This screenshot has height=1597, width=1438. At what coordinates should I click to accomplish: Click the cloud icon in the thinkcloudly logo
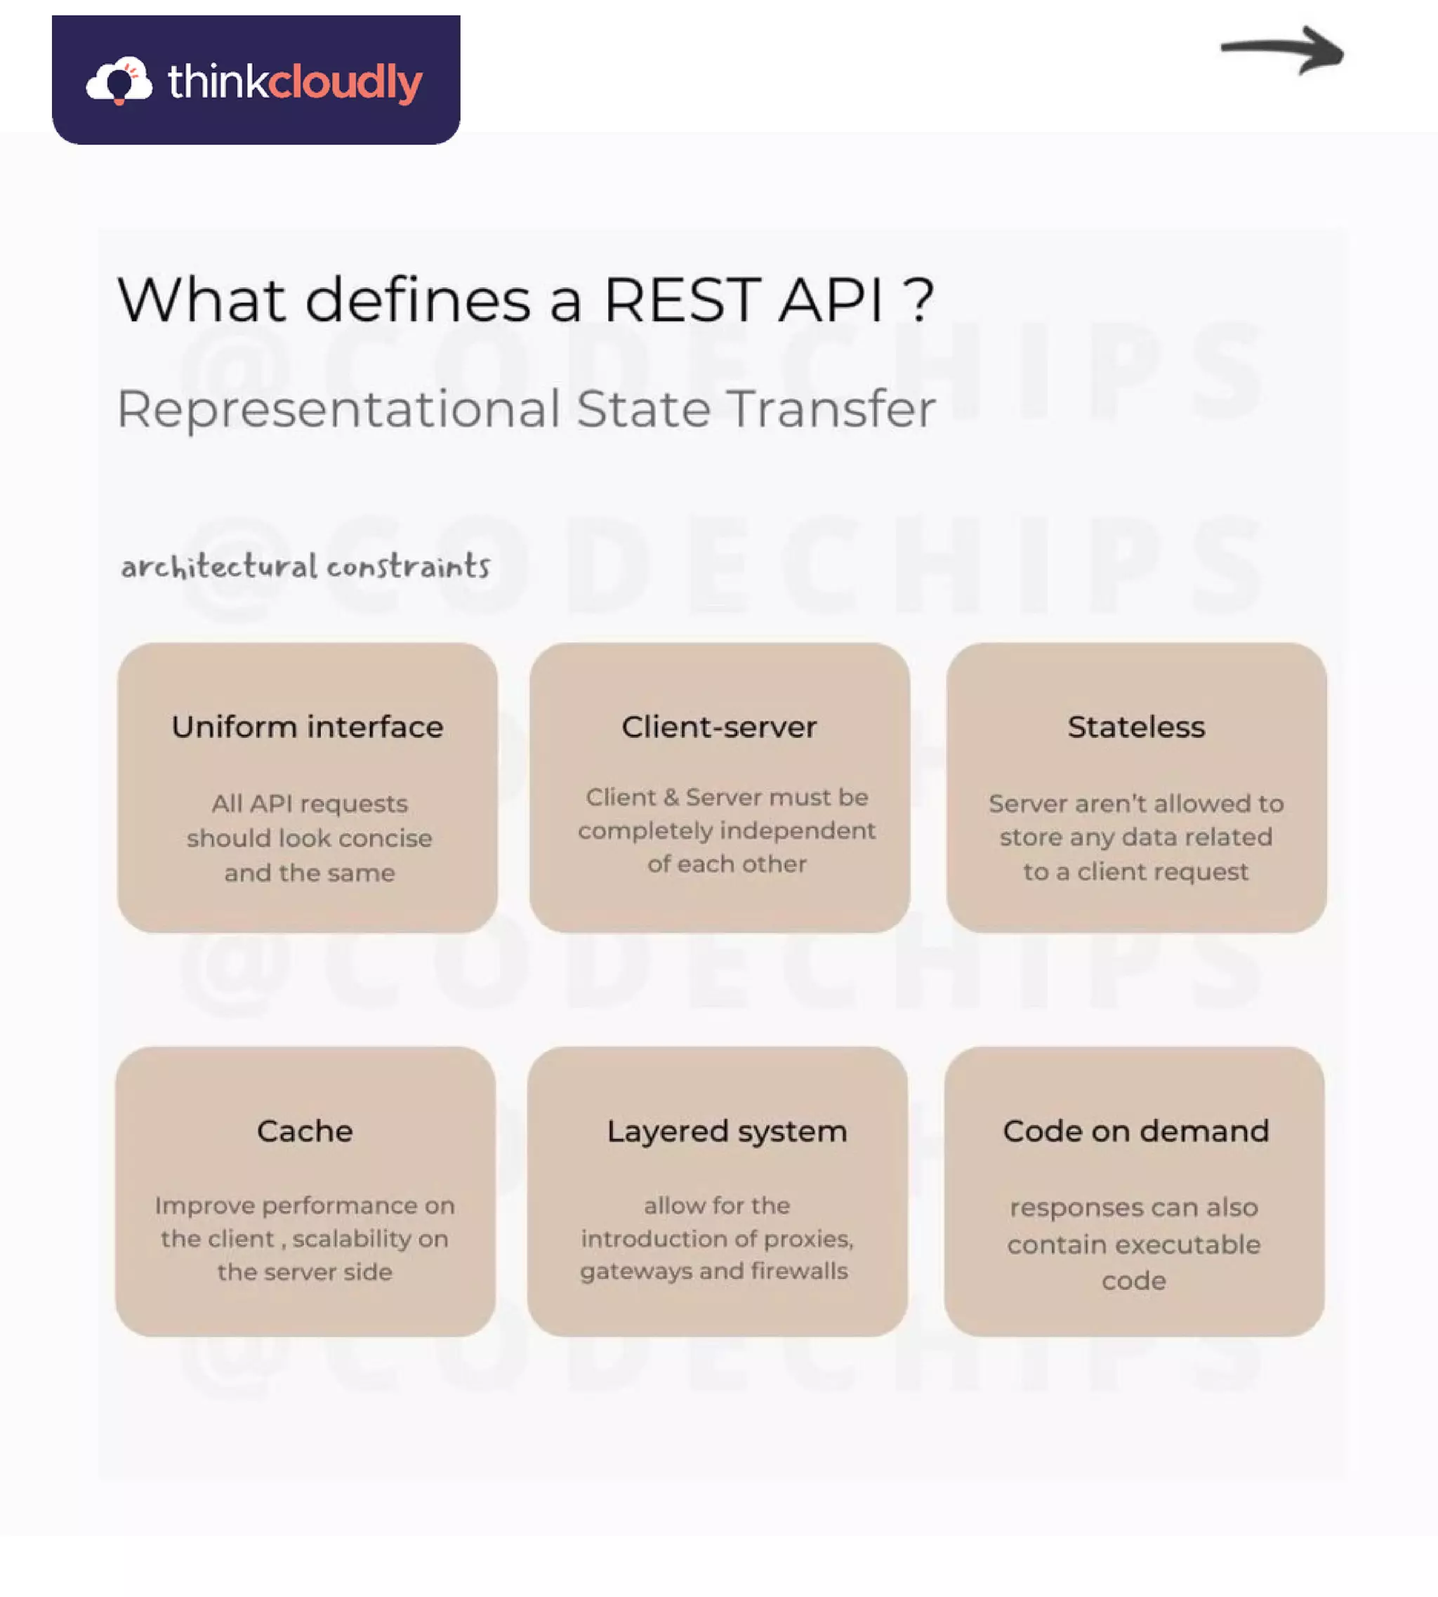[x=119, y=81]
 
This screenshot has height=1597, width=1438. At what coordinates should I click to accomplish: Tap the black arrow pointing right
[x=1281, y=51]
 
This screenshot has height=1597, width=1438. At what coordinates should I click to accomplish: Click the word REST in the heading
[x=683, y=300]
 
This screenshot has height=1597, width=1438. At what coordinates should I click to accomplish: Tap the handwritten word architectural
[x=219, y=566]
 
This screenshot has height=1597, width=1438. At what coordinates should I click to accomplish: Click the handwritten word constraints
[x=409, y=566]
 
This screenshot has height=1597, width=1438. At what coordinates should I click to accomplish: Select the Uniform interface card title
[x=308, y=727]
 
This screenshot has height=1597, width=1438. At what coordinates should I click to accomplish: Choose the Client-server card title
[x=719, y=727]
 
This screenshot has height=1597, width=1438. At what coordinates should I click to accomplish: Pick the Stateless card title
[x=1136, y=727]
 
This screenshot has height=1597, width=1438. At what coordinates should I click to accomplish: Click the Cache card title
[x=305, y=1131]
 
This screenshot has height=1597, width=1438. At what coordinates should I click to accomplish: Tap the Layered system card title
[x=727, y=1131]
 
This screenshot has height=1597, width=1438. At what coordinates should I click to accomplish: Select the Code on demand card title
[x=1136, y=1131]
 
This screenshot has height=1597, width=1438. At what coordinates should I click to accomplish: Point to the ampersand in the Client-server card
[x=671, y=797]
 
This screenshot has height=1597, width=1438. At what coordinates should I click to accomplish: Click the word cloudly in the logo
[x=345, y=82]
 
